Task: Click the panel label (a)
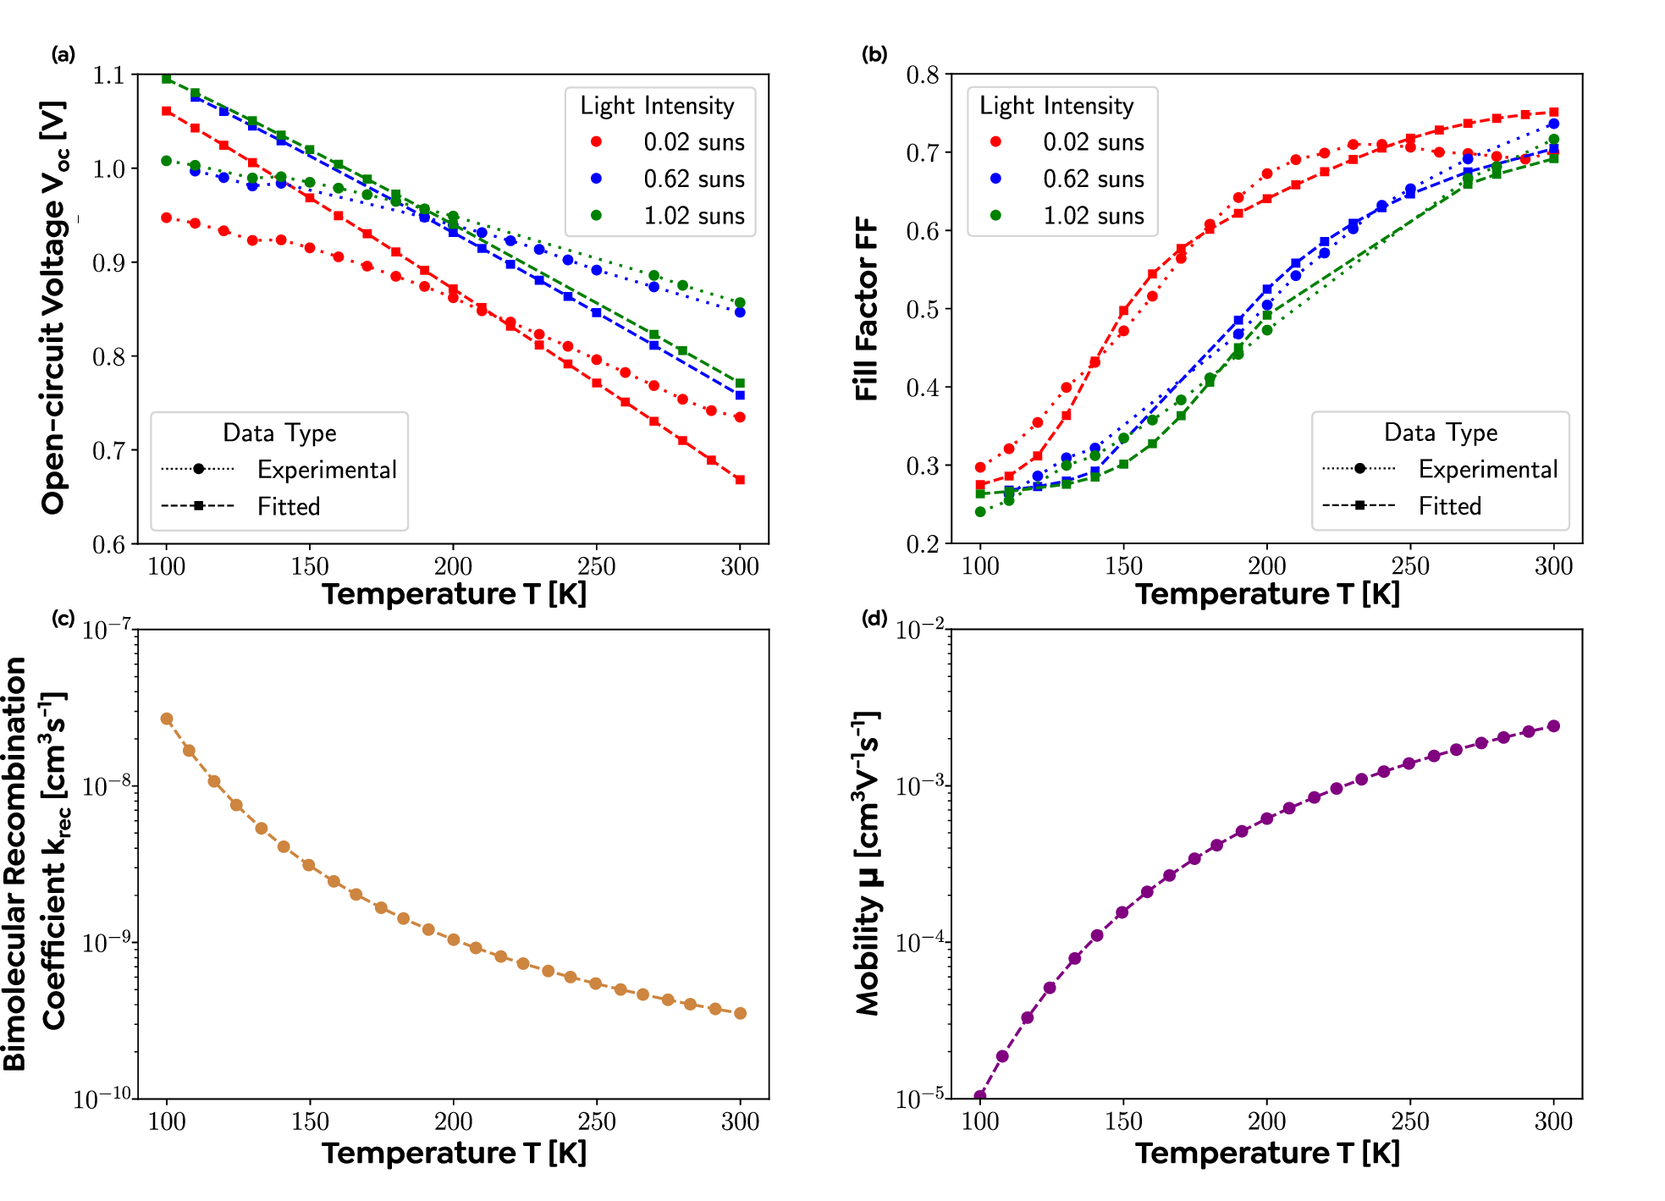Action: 63,55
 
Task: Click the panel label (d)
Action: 874,618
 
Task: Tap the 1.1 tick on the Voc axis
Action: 108,75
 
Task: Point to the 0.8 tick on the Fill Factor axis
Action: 923,75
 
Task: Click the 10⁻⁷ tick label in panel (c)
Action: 107,629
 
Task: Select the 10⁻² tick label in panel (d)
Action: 920,629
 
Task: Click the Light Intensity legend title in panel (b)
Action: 1056,106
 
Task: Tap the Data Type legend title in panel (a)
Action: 279,433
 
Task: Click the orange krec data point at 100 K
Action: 167,719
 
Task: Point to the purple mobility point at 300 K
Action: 1553,726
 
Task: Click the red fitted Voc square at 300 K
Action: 740,480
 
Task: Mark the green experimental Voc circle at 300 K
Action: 740,303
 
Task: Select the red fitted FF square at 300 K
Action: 1553,112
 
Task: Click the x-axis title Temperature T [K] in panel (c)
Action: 454,1153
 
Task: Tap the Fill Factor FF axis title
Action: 866,309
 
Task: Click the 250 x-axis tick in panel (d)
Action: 1409,1121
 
